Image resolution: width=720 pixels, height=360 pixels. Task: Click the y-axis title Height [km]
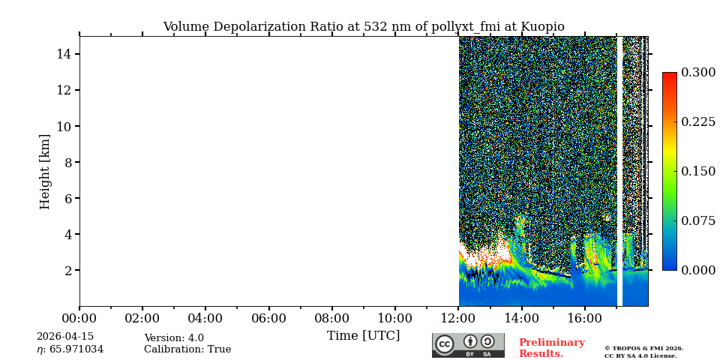pos(45,171)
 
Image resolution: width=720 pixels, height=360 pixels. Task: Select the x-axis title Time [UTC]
pos(363,336)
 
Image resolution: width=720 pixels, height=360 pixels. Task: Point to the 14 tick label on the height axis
pos(64,54)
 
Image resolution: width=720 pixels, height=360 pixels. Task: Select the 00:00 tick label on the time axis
pos(79,319)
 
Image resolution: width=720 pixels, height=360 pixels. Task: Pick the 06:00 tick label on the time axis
pos(268,319)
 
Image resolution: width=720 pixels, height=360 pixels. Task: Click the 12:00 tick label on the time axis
pos(458,319)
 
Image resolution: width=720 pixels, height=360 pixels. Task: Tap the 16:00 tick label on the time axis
pos(584,319)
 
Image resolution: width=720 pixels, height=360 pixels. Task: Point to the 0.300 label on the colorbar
pos(698,73)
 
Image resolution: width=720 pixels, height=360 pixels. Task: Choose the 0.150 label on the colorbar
pos(698,171)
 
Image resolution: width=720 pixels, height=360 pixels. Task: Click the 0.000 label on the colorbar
pos(698,270)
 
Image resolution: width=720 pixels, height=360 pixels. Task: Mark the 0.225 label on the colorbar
pos(698,121)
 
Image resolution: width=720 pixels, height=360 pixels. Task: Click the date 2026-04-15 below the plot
pos(66,337)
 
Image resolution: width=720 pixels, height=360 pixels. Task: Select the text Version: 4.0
pos(174,338)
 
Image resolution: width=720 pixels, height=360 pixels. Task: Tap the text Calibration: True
pos(187,349)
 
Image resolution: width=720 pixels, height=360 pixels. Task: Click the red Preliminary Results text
pos(551,348)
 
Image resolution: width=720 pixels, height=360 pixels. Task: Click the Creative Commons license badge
pos(468,345)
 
